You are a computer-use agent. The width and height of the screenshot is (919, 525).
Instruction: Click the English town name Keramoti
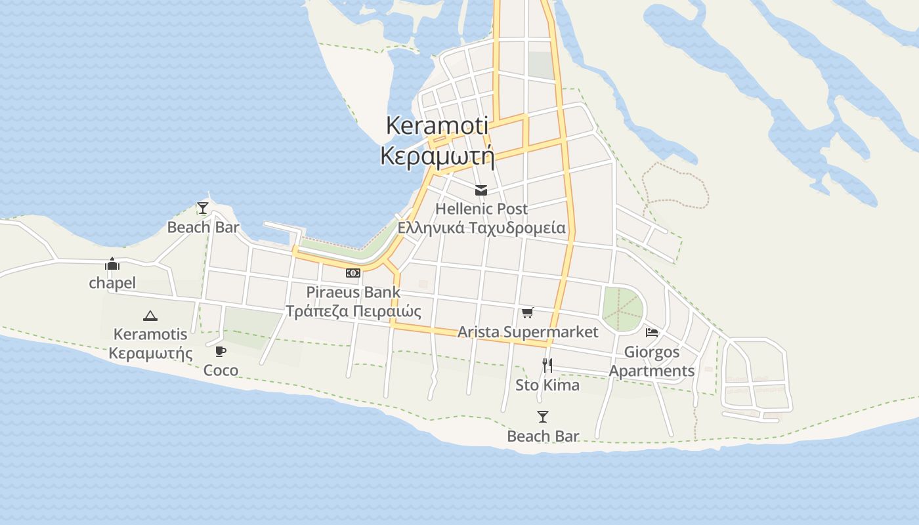tap(437, 125)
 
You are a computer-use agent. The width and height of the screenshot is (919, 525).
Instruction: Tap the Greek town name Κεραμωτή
tap(437, 156)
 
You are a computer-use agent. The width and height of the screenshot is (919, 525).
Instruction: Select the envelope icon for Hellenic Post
tap(481, 190)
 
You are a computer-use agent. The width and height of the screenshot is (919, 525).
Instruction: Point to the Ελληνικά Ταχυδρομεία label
tap(481, 228)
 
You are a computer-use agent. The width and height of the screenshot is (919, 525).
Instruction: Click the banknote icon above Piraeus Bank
tap(353, 273)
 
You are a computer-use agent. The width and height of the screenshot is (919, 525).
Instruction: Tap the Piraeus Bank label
tap(353, 292)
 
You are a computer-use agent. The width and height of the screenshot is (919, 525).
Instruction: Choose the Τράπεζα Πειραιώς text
tap(353, 310)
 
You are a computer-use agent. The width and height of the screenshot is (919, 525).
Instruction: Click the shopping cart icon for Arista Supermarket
tap(528, 313)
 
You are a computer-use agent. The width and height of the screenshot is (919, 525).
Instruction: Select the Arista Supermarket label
tap(528, 332)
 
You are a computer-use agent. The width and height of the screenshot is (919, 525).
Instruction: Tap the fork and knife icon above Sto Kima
tap(547, 366)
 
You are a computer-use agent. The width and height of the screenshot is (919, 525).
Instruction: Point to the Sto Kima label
tap(547, 385)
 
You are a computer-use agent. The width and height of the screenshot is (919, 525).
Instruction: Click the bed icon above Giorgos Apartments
tap(652, 333)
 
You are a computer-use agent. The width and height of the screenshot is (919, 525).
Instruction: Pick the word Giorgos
tap(652, 352)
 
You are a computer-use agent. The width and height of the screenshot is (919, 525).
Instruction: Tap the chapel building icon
tap(112, 264)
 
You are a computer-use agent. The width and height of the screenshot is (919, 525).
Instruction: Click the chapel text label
tap(112, 283)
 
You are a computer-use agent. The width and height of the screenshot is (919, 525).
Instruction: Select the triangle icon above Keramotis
tap(150, 316)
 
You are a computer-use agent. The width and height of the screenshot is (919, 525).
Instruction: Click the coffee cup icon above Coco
tap(221, 351)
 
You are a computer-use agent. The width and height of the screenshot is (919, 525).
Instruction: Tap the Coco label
tap(221, 370)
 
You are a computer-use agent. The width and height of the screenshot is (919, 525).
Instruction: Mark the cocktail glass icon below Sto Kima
tap(543, 417)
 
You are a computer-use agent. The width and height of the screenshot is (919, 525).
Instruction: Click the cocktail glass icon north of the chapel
tap(203, 209)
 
